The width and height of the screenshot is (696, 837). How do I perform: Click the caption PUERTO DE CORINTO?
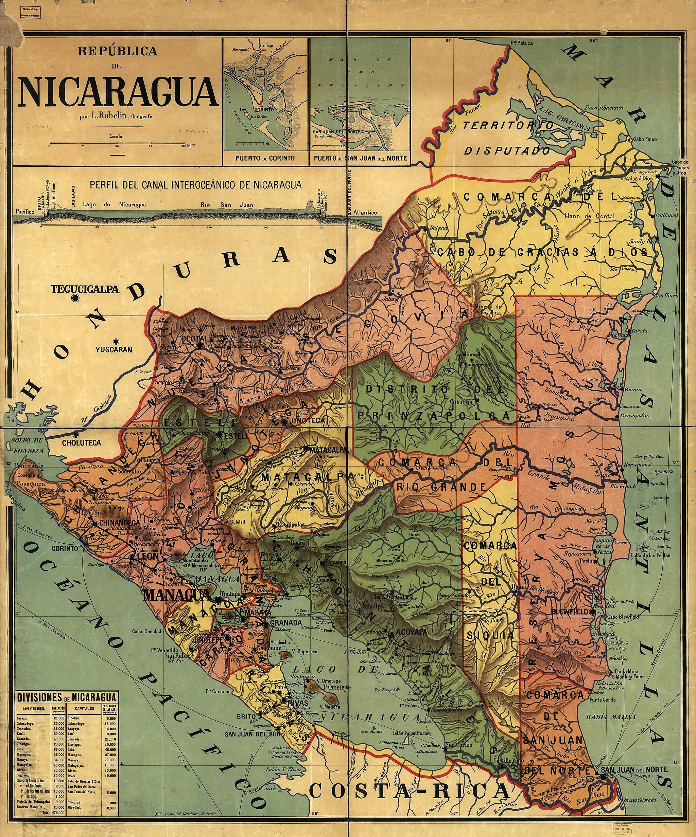265,158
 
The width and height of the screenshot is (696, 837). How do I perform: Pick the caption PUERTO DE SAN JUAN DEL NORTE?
360,158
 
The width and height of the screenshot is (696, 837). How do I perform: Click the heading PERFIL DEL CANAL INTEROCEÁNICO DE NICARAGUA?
195,184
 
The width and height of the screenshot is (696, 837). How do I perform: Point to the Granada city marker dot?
266,622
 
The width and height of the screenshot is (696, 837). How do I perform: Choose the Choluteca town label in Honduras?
81,443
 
